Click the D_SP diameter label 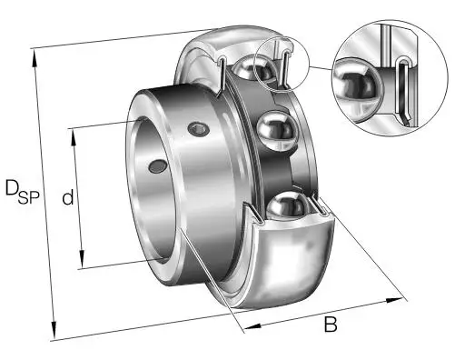point(23,192)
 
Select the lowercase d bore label point(68,197)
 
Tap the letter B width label point(331,324)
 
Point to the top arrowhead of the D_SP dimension point(35,58)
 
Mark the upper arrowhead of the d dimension point(74,138)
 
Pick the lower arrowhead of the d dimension point(82,258)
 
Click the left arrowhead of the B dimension point(252,326)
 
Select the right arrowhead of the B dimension point(394,300)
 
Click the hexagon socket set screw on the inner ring point(198,129)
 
